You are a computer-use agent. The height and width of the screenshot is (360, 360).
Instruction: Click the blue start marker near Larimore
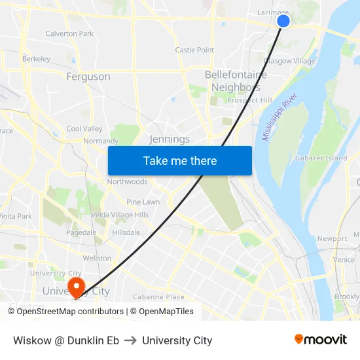point(283,21)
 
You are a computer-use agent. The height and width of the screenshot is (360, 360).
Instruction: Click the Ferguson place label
point(88,77)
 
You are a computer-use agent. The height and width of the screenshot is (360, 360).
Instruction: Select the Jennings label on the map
point(170,139)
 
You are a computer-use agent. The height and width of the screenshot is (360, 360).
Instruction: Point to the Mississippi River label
point(279,117)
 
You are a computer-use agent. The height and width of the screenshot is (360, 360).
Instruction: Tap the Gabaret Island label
point(321,158)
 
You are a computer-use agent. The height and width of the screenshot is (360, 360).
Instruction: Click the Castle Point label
point(194,50)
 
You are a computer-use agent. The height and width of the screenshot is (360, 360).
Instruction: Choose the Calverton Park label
point(69,33)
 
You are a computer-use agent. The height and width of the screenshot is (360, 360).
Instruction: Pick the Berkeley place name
point(36,59)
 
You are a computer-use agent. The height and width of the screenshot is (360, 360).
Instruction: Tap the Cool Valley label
point(84,129)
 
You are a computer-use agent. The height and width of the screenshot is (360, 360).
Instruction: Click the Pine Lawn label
point(143,202)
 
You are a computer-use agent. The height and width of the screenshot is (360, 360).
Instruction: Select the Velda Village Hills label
point(120,215)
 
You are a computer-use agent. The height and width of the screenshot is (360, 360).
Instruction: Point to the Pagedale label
point(81,232)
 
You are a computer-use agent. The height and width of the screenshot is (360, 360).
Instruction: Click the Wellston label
point(97,258)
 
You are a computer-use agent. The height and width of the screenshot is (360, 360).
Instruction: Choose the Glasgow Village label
point(289,61)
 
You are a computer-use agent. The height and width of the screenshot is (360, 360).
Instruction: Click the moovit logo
point(320,340)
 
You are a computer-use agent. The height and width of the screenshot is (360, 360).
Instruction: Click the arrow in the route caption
point(130,340)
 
